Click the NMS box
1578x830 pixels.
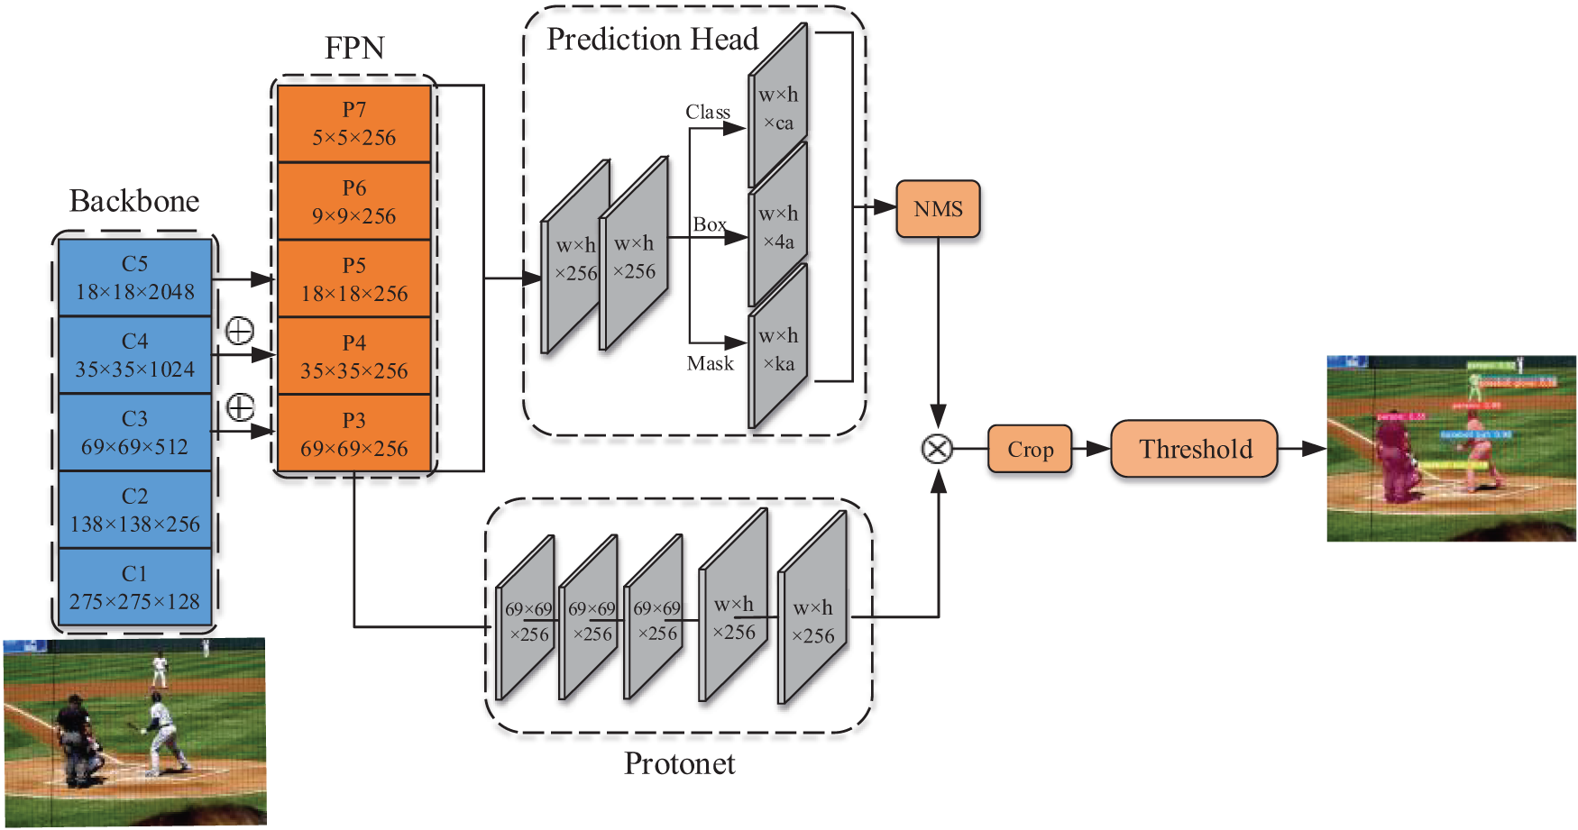click(938, 209)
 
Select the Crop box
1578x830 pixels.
click(1030, 449)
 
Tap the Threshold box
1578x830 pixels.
click(1195, 449)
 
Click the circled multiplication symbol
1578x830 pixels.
click(938, 449)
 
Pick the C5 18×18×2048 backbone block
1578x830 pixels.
click(135, 278)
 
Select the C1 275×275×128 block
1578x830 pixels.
click(135, 588)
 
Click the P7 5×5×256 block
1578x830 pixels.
click(354, 123)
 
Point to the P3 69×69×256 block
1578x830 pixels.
click(354, 433)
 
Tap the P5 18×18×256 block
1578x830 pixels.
click(354, 278)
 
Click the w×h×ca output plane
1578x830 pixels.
click(778, 108)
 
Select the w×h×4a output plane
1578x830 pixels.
click(778, 227)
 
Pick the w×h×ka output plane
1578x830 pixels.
click(778, 350)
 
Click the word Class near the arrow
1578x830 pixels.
click(708, 112)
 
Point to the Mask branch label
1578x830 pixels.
click(711, 363)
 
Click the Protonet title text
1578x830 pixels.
click(680, 763)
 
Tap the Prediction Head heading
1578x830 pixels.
click(653, 40)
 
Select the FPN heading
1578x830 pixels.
click(354, 48)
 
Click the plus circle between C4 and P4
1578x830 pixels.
click(239, 332)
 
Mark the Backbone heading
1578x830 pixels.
click(134, 200)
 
